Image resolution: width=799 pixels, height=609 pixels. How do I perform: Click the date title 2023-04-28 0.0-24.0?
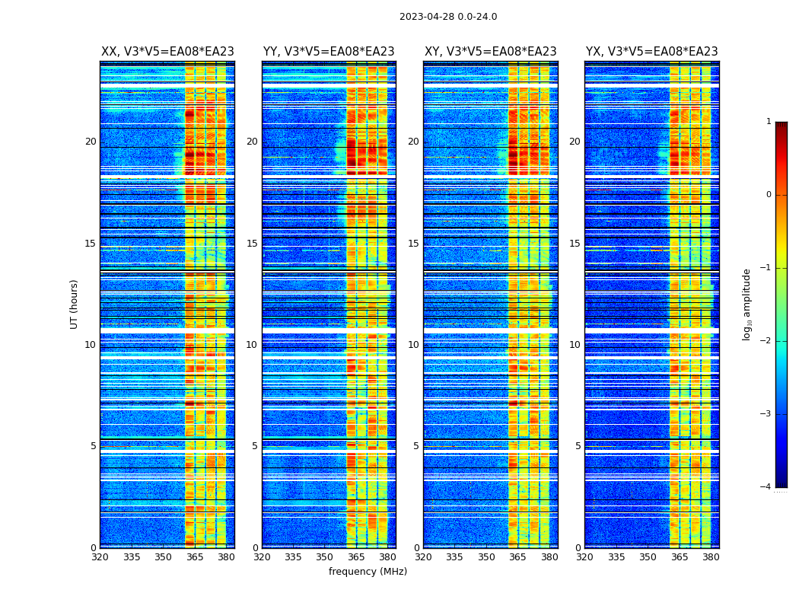[x=448, y=17]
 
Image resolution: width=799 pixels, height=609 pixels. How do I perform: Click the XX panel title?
[x=167, y=52]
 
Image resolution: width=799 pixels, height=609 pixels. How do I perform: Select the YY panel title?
[x=329, y=52]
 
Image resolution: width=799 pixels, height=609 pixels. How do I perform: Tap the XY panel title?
[x=490, y=52]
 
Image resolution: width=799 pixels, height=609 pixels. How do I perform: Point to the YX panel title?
[x=651, y=52]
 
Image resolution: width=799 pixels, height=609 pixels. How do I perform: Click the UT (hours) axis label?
[x=75, y=304]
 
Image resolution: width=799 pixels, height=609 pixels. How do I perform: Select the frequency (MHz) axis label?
[x=368, y=572]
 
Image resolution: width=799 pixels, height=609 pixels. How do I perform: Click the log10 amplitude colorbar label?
[x=747, y=304]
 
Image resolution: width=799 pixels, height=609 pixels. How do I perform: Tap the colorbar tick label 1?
[x=769, y=122]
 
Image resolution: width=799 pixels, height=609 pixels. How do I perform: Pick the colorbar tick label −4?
[x=766, y=487]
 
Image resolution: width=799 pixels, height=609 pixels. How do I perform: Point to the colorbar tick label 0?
[x=769, y=195]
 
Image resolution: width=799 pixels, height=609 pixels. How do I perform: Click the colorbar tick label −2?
[x=766, y=341]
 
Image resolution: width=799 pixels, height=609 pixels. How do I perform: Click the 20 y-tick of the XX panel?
[x=91, y=142]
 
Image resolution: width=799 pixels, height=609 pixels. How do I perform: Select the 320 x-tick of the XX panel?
[x=100, y=557]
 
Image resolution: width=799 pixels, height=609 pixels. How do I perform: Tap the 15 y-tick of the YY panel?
[x=252, y=244]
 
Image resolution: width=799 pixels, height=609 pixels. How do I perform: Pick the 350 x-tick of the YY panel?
[x=324, y=557]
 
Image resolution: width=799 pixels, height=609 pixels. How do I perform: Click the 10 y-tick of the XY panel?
[x=413, y=345]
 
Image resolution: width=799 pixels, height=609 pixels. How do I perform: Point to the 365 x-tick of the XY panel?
[x=517, y=557]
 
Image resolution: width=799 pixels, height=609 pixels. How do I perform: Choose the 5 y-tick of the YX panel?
[x=578, y=446]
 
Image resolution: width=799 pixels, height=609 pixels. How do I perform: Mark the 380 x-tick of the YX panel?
[x=711, y=557]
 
